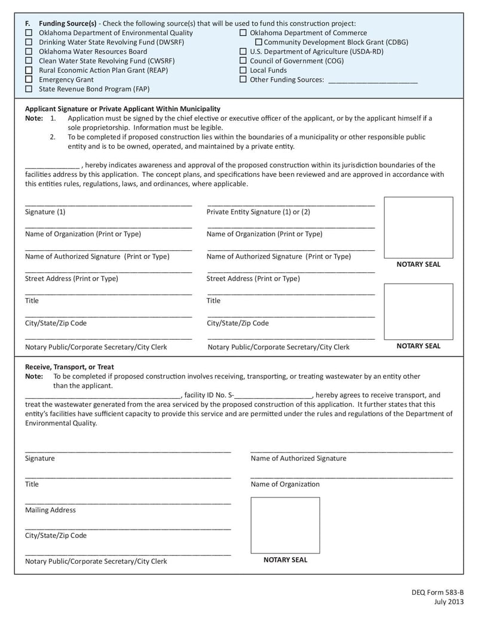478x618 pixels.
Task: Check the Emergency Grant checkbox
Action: click(29, 79)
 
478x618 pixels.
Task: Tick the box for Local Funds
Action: click(243, 70)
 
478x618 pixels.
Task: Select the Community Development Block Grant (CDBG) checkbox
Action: click(259, 42)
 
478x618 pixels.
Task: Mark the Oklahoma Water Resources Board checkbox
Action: click(29, 51)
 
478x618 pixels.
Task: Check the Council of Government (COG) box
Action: click(243, 61)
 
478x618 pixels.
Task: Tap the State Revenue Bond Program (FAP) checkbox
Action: click(29, 89)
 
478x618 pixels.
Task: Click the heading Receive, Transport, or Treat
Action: click(69, 367)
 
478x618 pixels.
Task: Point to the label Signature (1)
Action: click(45, 212)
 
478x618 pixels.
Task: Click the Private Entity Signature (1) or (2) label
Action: click(258, 212)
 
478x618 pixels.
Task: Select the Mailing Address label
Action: click(50, 510)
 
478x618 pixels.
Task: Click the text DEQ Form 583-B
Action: click(437, 592)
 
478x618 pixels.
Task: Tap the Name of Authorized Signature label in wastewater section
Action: click(298, 458)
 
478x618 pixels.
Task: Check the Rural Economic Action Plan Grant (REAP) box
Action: click(29, 70)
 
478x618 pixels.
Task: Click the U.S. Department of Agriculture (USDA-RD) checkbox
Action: click(243, 52)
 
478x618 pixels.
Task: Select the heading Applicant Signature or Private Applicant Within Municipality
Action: click(122, 109)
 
